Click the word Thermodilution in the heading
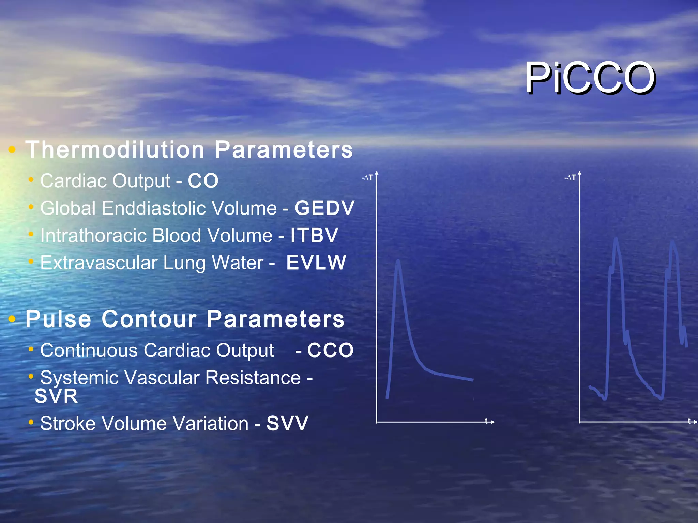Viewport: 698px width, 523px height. (115, 150)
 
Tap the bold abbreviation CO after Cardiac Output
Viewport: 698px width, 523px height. (203, 180)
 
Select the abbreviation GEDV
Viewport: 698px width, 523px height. (324, 208)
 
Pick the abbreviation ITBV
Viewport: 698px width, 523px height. (314, 235)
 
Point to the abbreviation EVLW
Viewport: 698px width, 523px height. (316, 263)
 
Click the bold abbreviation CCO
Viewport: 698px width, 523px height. (330, 350)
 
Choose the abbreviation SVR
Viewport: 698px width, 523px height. (56, 396)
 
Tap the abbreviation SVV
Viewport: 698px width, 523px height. (287, 423)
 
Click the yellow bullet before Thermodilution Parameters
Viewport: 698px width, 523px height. (12, 149)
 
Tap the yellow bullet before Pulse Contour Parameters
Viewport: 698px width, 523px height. (12, 319)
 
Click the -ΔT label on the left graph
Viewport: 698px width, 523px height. (367, 178)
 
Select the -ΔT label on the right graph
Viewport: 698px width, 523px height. (570, 178)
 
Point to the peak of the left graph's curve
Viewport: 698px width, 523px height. (398, 261)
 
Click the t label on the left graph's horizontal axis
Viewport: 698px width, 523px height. (486, 421)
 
